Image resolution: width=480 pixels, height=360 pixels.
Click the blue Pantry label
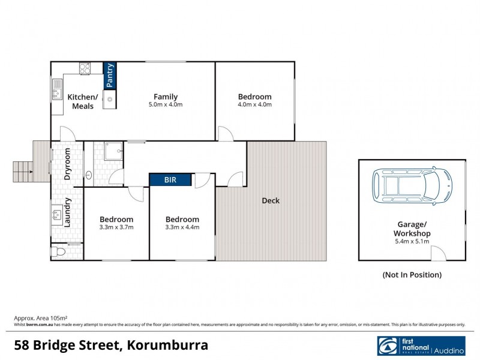coord(110,76)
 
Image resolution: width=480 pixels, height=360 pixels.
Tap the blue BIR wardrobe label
coord(170,179)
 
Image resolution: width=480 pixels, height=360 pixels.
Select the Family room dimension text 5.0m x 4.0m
coord(166,104)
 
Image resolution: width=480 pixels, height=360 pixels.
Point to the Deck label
coord(271,200)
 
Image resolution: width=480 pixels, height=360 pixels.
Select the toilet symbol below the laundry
coord(58,251)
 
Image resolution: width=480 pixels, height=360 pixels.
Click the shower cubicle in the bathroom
coord(112,152)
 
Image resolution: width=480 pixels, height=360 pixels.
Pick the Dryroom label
coord(68,164)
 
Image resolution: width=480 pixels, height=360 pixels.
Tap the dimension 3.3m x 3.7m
coord(116,227)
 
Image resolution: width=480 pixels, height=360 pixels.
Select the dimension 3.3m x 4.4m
coord(182,227)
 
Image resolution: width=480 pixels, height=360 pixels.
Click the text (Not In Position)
coord(412,275)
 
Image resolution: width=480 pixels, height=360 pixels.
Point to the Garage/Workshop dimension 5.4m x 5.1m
coord(412,241)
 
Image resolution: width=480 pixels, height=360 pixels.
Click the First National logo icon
coord(386,346)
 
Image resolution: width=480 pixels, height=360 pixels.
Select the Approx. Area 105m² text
coord(40,318)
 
